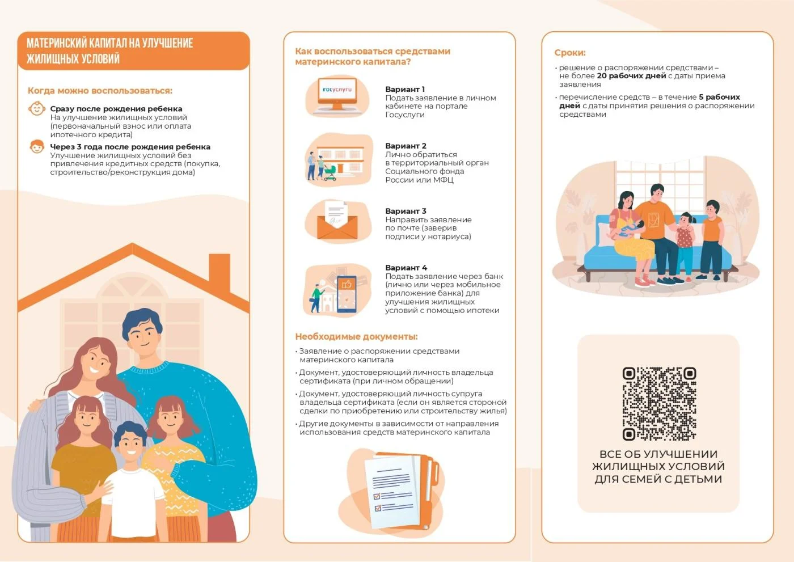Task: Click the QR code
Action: click(659, 404)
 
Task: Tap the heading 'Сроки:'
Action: click(570, 53)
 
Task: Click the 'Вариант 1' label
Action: click(405, 89)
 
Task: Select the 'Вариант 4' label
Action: click(406, 268)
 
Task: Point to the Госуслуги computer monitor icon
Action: click(337, 94)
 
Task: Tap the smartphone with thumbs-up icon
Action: click(347, 294)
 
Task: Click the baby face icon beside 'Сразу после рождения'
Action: click(37, 109)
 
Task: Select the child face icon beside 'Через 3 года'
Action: click(37, 146)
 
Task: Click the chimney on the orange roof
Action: click(219, 272)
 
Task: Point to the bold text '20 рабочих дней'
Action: click(631, 76)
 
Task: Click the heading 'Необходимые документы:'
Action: click(356, 337)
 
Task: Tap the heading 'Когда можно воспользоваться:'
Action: click(100, 91)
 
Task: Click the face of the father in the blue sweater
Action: click(142, 337)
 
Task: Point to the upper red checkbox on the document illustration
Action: click(377, 496)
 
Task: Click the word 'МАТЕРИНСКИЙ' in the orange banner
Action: click(57, 43)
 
